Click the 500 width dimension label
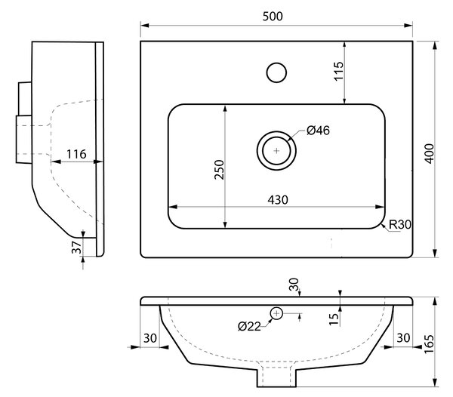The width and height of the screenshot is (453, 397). [273, 17]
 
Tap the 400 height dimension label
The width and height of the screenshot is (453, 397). [430, 154]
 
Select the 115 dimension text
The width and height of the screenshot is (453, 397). [339, 71]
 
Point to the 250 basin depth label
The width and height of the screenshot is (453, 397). [219, 170]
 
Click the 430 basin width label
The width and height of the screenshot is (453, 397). [278, 200]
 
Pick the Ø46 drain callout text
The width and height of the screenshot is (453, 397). [318, 131]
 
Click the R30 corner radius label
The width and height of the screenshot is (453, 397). [400, 224]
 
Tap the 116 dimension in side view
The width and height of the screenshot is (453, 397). [76, 154]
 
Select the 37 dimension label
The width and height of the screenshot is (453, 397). [76, 248]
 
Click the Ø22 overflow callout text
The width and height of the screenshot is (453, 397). [249, 327]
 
